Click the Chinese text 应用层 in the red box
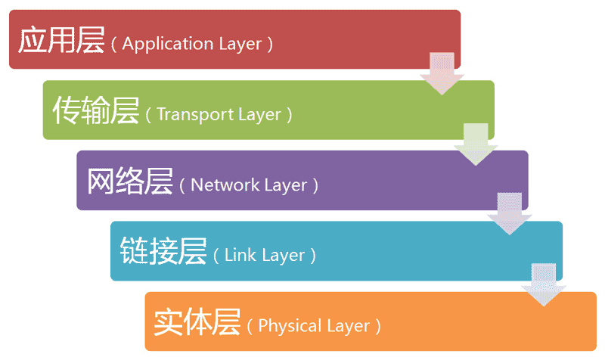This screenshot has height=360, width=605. pyautogui.click(x=60, y=40)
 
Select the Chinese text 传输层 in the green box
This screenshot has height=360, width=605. pyautogui.click(x=95, y=111)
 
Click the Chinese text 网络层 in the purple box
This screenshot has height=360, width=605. pyautogui.click(x=129, y=182)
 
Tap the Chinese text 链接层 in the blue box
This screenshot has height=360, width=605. pyautogui.click(x=163, y=252)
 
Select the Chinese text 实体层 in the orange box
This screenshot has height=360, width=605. pyautogui.click(x=197, y=323)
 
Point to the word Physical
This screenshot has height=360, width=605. pyautogui.click(x=287, y=327)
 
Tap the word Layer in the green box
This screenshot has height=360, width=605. pyautogui.click(x=254, y=115)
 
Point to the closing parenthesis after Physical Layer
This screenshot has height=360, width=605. pyautogui.click(x=378, y=327)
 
